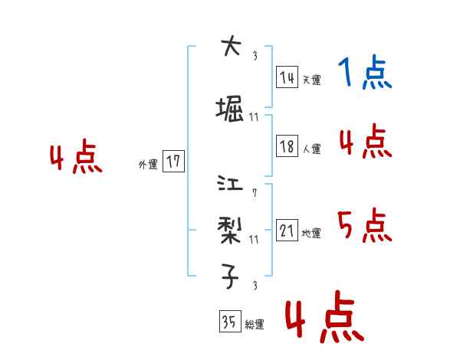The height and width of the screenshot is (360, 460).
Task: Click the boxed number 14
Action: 287,77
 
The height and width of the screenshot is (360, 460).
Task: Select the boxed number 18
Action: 287,147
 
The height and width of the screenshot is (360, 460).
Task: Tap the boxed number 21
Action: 287,231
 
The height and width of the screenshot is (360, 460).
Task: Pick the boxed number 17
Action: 173,162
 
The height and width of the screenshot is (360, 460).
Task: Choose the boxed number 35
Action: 229,322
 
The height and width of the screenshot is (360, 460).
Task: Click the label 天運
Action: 311,80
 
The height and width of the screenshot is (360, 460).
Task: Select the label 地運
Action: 311,234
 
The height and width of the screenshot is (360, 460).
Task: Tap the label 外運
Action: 148,165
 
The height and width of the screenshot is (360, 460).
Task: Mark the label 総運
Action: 255,325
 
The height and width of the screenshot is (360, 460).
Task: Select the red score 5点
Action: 365,225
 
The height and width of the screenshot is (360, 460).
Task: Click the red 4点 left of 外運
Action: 76,159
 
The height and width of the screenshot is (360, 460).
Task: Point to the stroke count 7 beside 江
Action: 254,192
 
